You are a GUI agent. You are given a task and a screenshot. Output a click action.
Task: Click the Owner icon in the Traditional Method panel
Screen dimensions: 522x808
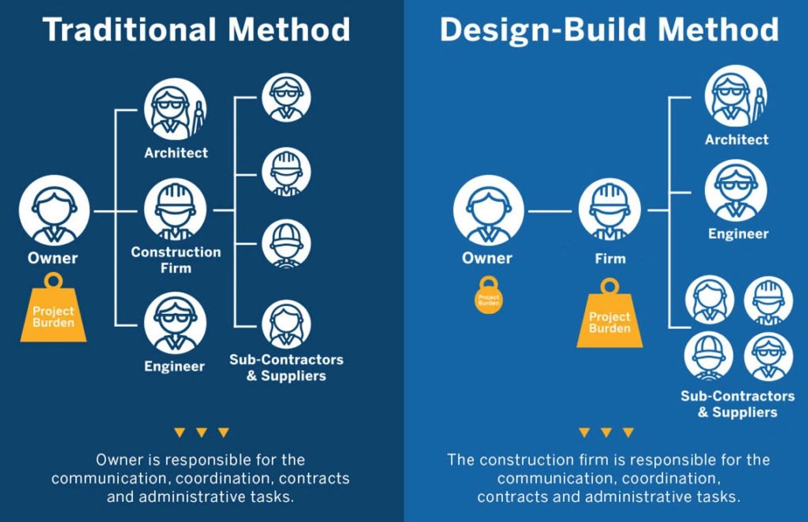click(53, 210)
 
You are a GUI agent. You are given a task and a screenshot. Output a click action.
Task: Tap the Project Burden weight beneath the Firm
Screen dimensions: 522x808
click(609, 318)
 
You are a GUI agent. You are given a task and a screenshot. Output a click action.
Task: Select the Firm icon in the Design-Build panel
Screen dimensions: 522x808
click(609, 211)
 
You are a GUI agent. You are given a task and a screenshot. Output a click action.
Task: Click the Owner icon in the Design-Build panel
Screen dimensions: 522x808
click(488, 210)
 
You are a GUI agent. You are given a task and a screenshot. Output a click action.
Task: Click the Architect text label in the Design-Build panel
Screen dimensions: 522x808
click(736, 140)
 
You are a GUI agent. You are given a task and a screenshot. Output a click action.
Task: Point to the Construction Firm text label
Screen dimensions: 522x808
click(176, 260)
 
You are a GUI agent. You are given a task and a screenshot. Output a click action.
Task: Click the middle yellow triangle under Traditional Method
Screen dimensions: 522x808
click(201, 433)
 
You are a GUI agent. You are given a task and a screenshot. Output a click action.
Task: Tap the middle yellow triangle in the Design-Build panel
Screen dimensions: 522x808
click(606, 433)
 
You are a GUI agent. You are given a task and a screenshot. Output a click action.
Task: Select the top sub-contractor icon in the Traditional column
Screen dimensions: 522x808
click(286, 98)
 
